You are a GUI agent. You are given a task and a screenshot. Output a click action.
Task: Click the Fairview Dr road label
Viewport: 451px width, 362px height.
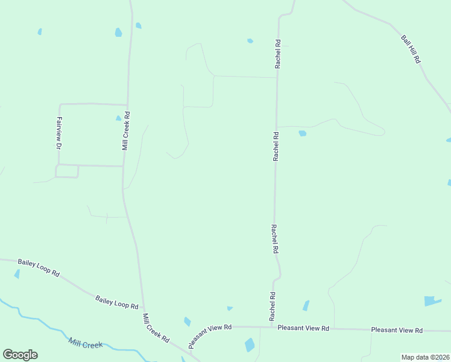[60, 133]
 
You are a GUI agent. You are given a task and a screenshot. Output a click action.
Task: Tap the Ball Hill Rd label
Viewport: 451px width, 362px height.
[411, 49]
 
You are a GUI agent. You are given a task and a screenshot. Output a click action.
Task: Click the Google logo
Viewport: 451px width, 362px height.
[20, 355]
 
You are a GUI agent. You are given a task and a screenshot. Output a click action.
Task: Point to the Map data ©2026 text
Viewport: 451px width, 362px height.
[424, 357]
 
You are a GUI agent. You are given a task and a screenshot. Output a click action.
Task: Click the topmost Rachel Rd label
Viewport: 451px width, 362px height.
[278, 54]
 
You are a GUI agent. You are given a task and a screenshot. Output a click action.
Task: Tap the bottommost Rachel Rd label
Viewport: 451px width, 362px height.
[273, 306]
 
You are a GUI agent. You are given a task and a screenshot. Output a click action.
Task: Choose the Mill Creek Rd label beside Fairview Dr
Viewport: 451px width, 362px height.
[126, 130]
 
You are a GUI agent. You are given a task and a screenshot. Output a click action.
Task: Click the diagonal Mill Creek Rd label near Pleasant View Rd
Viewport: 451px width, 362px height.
[156, 328]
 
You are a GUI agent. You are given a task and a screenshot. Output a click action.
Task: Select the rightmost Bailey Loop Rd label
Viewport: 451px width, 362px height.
[116, 302]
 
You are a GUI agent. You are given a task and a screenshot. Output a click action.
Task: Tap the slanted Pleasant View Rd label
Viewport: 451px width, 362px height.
[209, 335]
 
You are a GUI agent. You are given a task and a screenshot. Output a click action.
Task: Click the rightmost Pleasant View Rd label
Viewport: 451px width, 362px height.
[397, 330]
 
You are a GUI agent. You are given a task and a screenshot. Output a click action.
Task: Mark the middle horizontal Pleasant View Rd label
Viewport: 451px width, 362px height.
[303, 328]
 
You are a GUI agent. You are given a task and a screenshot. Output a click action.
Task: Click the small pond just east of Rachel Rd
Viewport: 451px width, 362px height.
[302, 133]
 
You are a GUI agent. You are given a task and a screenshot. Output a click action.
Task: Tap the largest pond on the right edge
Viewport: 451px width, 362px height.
[432, 300]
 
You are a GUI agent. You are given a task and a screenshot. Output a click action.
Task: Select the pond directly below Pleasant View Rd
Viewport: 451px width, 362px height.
[250, 345]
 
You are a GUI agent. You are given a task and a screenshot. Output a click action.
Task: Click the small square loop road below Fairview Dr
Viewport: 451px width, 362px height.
[67, 171]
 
